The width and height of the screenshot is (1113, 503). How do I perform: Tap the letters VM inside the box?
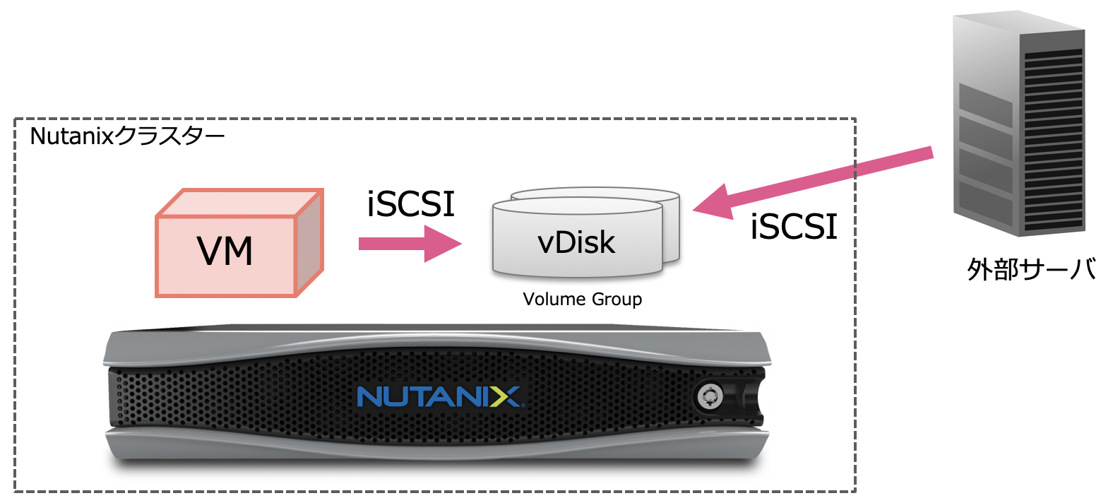click(225, 251)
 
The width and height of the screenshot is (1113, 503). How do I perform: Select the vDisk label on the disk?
click(576, 242)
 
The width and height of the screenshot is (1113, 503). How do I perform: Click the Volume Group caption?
click(583, 300)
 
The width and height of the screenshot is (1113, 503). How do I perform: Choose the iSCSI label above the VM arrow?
click(410, 205)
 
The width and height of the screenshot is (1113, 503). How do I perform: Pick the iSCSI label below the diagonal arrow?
click(794, 227)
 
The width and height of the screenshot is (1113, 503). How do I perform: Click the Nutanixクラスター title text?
click(127, 136)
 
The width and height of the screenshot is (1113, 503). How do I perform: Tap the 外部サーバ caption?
click(1031, 269)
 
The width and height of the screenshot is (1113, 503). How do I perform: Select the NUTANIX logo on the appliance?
click(439, 396)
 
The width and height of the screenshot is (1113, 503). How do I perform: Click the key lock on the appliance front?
click(708, 396)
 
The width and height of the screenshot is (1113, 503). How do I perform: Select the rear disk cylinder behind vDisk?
click(671, 212)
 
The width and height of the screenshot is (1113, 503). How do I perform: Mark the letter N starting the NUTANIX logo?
click(369, 396)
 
